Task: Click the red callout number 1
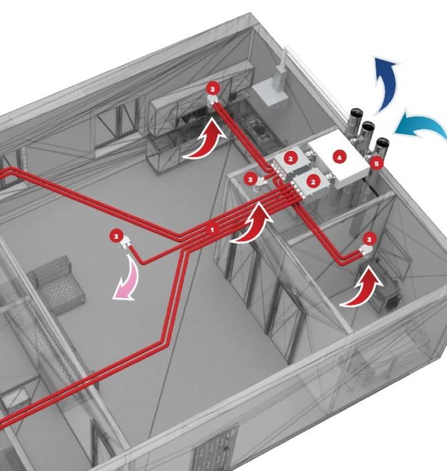click(212, 227)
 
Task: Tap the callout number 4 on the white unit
click(338, 157)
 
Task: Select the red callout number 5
click(375, 164)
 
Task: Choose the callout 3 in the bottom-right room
click(370, 239)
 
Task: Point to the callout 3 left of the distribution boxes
click(251, 178)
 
